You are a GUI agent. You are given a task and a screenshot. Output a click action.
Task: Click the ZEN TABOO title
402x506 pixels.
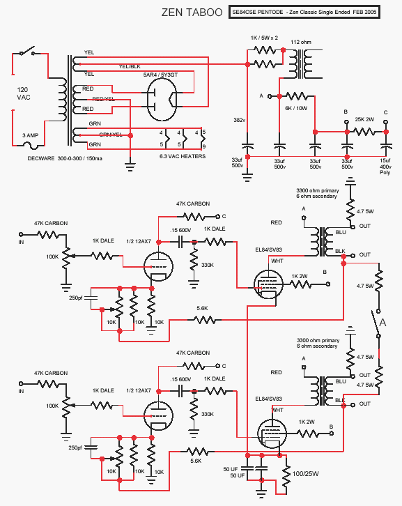(x=192, y=13)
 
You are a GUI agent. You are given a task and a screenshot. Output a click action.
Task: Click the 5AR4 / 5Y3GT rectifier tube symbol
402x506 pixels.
(x=162, y=99)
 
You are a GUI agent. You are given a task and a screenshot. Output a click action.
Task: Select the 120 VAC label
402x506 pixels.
(x=24, y=93)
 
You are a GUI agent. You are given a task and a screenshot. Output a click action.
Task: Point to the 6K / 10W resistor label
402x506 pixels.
(x=296, y=109)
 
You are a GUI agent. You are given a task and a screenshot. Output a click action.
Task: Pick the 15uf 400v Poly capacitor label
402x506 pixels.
(x=385, y=166)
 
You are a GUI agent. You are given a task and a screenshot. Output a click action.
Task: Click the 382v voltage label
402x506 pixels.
(x=239, y=120)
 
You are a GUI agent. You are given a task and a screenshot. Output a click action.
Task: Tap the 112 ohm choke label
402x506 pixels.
(x=301, y=42)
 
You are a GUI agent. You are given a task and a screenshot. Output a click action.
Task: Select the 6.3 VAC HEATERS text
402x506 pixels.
(x=183, y=156)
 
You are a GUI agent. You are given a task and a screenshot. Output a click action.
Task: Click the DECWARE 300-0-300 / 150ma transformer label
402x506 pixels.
(x=65, y=158)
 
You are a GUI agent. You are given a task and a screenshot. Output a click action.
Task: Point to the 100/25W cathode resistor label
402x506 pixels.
(x=306, y=474)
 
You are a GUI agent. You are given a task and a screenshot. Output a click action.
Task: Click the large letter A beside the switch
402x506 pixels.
(x=382, y=323)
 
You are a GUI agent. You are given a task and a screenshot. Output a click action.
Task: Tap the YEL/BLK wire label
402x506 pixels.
(x=130, y=66)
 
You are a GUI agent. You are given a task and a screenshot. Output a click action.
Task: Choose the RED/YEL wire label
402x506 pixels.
(x=103, y=99)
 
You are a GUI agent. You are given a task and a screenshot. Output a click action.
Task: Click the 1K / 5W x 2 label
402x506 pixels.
(x=264, y=38)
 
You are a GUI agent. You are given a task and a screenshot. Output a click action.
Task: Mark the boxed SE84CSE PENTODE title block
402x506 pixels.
(x=304, y=12)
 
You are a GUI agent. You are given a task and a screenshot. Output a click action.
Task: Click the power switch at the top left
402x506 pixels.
(x=27, y=52)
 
